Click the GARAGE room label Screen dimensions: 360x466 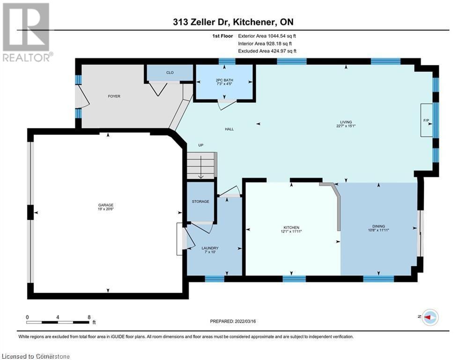[x=106, y=205]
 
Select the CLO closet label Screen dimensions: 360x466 [x=170, y=73]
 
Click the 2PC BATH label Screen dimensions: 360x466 [x=224, y=80]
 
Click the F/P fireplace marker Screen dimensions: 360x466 [x=427, y=120]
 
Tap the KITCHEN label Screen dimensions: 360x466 [x=291, y=227]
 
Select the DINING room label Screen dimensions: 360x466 [x=379, y=227]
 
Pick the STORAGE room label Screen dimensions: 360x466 [x=200, y=202]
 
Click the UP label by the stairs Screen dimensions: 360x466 [x=201, y=145]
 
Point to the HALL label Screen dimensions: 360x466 [x=229, y=129]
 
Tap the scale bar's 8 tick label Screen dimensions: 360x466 [x=89, y=317]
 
